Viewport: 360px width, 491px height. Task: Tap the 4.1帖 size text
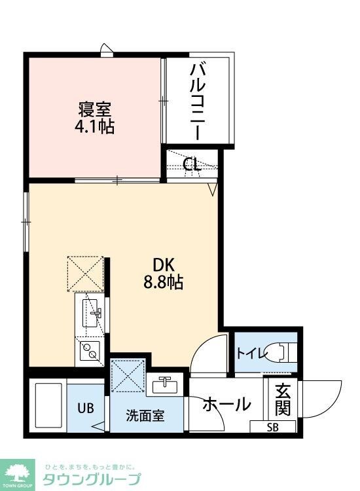pyautogui.click(x=95, y=126)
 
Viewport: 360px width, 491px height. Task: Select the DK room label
pyautogui.click(x=163, y=265)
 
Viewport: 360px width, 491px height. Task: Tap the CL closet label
pyautogui.click(x=192, y=164)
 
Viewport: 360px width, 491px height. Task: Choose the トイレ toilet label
pyautogui.click(x=252, y=354)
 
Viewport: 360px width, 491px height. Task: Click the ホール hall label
pyautogui.click(x=226, y=405)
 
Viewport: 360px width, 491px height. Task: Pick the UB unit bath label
pyautogui.click(x=86, y=408)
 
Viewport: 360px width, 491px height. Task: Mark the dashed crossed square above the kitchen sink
pyautogui.click(x=85, y=273)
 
